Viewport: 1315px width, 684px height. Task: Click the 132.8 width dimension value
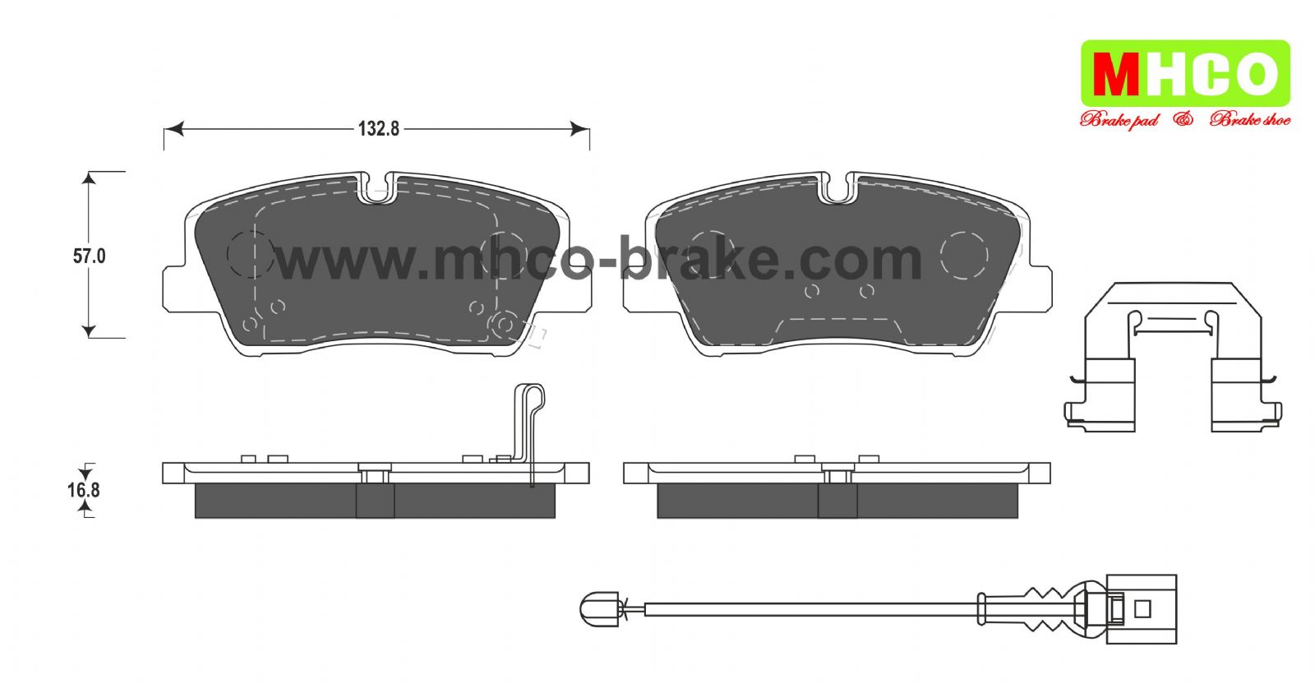tap(379, 128)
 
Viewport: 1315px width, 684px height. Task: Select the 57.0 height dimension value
tap(90, 256)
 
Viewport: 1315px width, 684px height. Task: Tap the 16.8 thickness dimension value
tap(83, 490)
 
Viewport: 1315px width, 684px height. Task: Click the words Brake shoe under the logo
tap(1250, 120)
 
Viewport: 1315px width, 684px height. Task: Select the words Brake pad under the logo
tap(1119, 120)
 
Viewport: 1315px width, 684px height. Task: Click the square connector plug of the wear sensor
tap(1142, 609)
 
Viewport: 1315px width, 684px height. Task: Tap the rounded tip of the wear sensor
tap(599, 609)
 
